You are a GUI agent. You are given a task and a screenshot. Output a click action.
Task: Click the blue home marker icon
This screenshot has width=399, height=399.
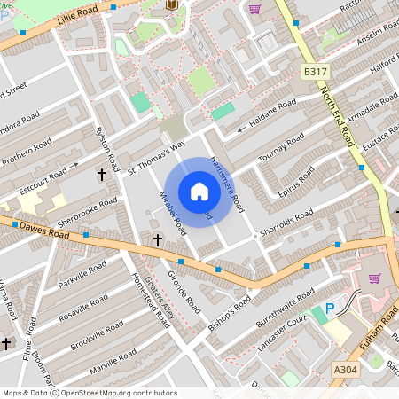pyautogui.click(x=199, y=192)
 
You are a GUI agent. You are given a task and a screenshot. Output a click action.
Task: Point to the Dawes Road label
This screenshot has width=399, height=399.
pyautogui.click(x=44, y=230)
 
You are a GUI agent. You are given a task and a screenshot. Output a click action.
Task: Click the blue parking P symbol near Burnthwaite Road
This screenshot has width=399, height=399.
pyautogui.click(x=330, y=309)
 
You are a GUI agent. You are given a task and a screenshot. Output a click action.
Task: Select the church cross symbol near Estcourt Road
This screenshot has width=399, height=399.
pyautogui.click(x=102, y=176)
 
